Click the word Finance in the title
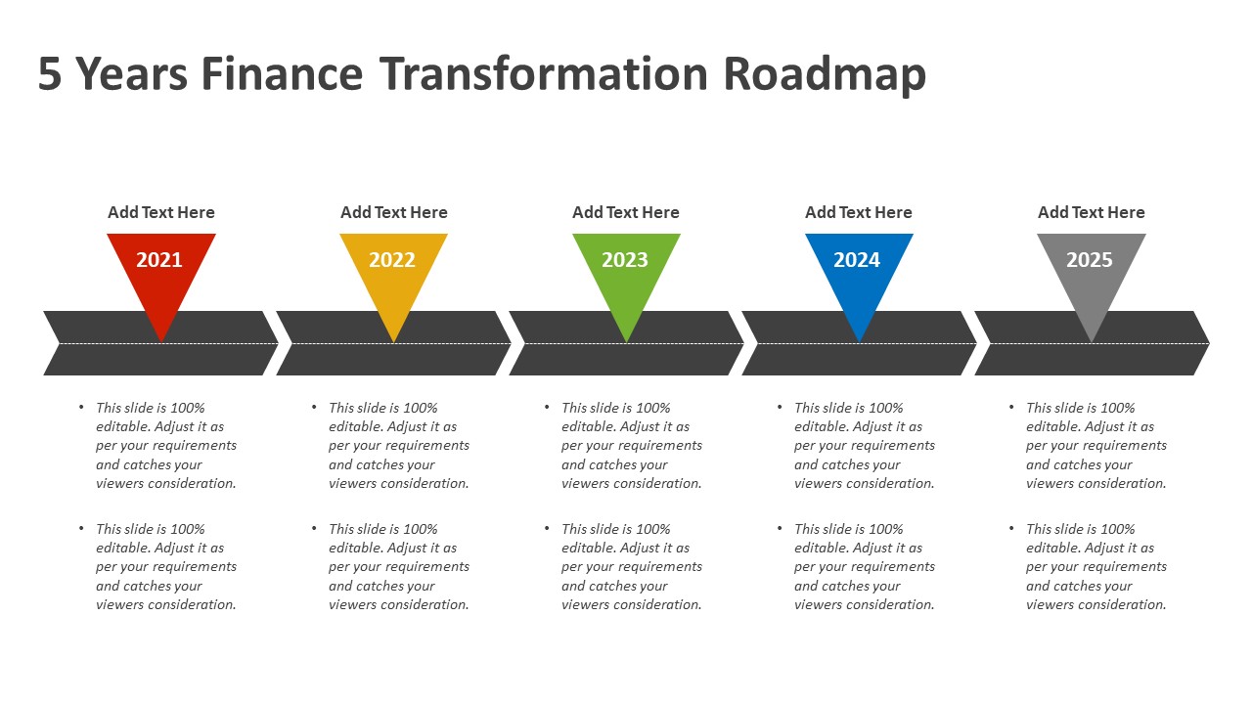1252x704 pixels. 282,74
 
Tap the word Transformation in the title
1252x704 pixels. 543,74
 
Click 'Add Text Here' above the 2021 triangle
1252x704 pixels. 161,212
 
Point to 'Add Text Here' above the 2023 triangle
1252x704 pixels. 626,212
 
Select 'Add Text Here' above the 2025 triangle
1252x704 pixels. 1091,212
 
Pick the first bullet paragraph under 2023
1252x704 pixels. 630,446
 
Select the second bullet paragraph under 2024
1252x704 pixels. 863,567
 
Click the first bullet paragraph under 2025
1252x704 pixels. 1095,446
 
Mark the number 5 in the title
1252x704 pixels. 50,74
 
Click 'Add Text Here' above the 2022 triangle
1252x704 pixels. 394,212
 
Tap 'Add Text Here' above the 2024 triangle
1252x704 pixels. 859,212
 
